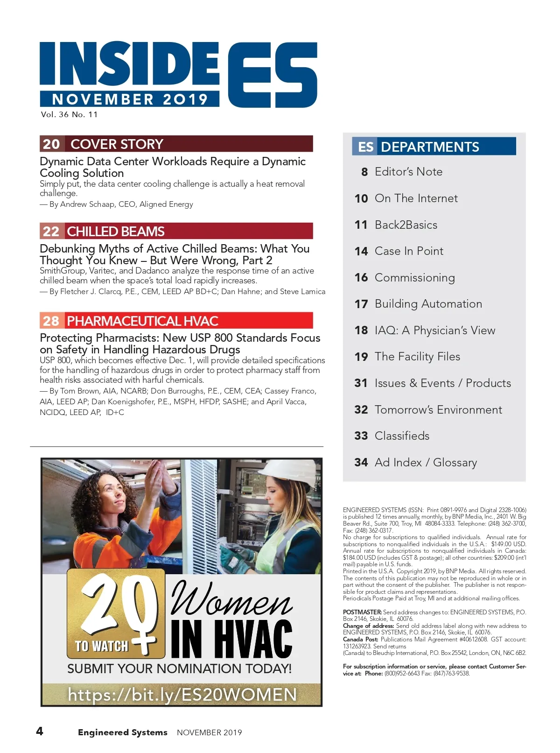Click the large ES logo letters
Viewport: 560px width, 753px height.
point(272,75)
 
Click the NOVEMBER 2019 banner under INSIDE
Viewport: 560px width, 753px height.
point(130,99)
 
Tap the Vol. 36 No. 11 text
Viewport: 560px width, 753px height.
point(70,114)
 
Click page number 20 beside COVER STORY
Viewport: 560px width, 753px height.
point(51,144)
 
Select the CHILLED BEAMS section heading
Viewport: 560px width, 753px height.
point(116,232)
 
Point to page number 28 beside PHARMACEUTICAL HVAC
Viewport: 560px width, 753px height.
point(51,321)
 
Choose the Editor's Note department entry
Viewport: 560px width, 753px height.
point(408,172)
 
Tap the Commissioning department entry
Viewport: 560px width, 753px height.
point(414,278)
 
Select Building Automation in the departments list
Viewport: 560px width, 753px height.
point(428,304)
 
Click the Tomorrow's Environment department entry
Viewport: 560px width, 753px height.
point(438,410)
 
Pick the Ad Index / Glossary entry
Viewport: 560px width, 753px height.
point(426,463)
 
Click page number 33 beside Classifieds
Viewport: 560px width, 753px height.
point(361,436)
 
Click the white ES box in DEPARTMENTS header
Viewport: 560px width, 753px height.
point(365,147)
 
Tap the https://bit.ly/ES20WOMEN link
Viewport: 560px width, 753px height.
point(182,695)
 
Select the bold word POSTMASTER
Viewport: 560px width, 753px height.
point(362,612)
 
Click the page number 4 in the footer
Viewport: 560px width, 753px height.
point(40,731)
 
